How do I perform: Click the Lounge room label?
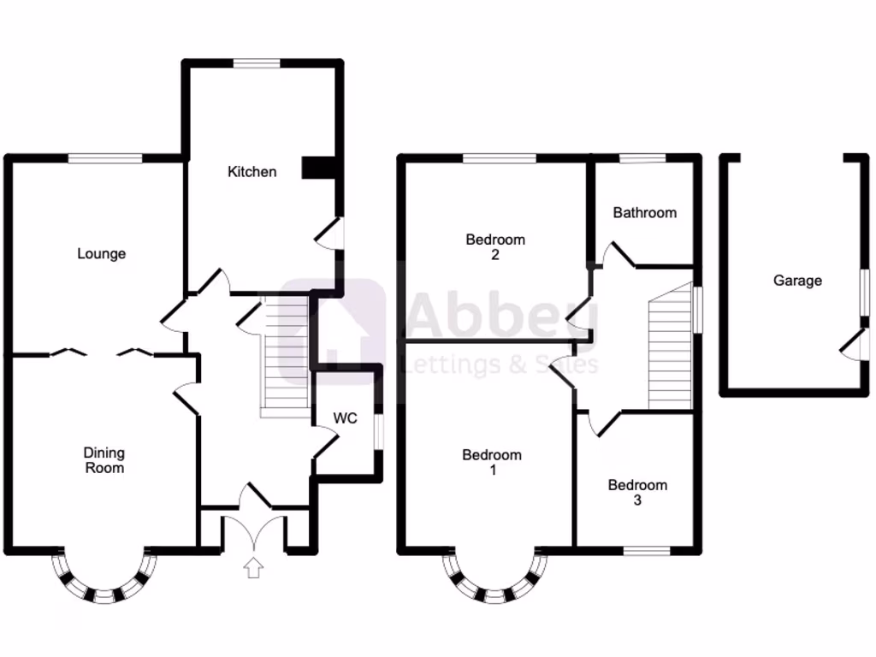point(101,254)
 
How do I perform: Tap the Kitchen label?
point(252,172)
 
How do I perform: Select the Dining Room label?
point(104,460)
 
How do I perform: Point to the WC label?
point(345,419)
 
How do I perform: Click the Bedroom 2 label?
point(495,247)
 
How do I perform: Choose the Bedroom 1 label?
point(491,463)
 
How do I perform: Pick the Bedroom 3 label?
point(637,493)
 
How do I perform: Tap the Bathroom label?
point(644,213)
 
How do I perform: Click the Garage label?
point(797,281)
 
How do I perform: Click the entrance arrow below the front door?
point(253,567)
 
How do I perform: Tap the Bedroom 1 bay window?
point(494,582)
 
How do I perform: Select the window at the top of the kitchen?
point(257,62)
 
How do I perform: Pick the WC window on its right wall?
point(379,430)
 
